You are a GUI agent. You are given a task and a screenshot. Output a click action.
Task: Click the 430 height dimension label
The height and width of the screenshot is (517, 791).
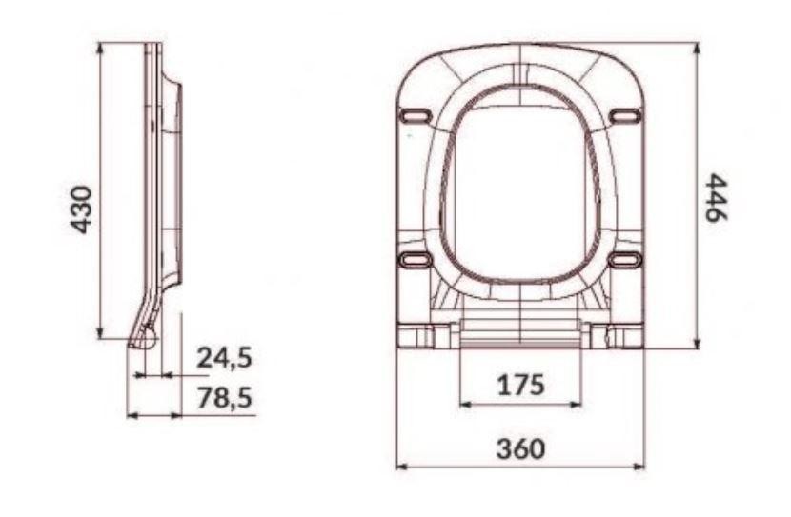point(83,209)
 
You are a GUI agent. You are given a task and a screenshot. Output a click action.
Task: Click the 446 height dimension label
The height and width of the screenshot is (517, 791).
point(717,197)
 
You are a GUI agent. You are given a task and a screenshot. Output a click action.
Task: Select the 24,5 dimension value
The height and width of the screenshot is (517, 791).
point(224,358)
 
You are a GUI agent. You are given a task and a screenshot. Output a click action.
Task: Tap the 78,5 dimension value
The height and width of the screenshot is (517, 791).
point(224,398)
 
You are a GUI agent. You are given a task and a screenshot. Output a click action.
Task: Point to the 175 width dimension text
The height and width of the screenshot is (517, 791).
point(520,386)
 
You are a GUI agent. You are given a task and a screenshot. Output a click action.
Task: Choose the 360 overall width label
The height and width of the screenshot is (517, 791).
point(520,447)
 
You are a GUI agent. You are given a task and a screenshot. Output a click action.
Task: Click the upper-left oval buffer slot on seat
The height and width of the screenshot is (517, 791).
point(416,116)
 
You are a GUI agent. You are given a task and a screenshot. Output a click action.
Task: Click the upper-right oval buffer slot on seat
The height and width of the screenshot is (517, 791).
point(624,116)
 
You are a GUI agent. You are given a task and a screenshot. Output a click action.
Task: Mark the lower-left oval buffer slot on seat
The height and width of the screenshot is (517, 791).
point(416,260)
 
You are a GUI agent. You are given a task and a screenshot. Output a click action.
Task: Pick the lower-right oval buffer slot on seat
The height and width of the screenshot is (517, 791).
point(624,260)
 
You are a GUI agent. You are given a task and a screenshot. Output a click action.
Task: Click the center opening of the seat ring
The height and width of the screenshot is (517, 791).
point(520,190)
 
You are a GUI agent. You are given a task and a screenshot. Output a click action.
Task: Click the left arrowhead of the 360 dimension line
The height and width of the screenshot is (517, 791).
point(400,467)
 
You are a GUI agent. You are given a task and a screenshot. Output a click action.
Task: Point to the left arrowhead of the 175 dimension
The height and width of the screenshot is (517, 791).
point(465,405)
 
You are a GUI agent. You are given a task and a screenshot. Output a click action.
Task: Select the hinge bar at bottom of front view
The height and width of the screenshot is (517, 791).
point(520,332)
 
